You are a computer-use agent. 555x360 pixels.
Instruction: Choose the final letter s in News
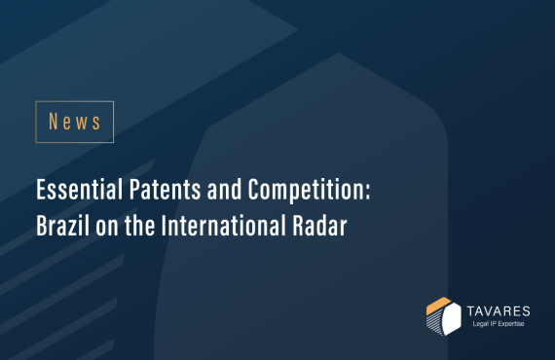point(95,122)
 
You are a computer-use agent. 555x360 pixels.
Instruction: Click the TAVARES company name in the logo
point(496,307)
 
